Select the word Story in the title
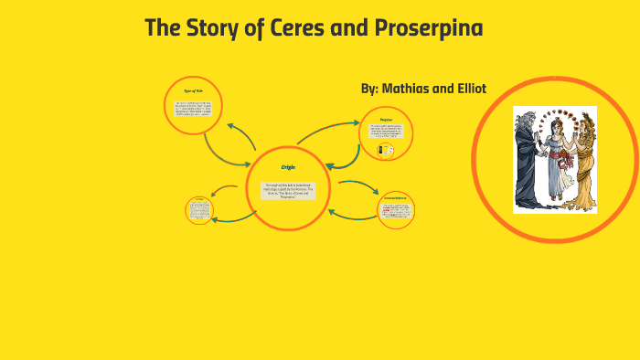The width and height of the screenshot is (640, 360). (x=218, y=28)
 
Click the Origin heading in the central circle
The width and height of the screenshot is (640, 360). (x=288, y=167)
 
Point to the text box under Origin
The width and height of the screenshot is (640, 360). (x=288, y=189)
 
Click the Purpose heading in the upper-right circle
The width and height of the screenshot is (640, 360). (x=387, y=119)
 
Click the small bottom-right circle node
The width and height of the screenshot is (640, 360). (x=396, y=210)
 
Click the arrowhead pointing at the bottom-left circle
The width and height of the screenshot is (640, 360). (x=214, y=193)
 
